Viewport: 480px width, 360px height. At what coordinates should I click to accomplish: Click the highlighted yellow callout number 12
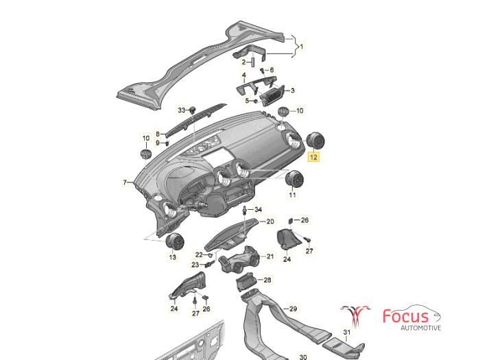click(313, 157)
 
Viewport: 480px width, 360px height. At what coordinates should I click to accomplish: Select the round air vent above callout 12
click(315, 141)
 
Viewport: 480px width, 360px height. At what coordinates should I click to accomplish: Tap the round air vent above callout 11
click(294, 178)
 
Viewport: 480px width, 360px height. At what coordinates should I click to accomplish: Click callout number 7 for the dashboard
click(125, 183)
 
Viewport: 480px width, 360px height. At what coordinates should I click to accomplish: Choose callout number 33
click(182, 110)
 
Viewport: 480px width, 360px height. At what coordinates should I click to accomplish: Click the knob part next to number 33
click(193, 110)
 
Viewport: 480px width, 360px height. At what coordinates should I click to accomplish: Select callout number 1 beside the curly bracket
click(302, 47)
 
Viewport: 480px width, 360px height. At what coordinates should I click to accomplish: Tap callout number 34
click(259, 210)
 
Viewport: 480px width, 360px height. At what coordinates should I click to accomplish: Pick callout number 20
click(270, 221)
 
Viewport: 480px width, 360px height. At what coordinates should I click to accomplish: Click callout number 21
click(269, 256)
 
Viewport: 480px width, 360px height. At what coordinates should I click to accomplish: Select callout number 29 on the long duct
click(293, 309)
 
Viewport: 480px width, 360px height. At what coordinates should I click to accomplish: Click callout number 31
click(346, 332)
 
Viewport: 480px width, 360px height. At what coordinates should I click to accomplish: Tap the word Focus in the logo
click(406, 316)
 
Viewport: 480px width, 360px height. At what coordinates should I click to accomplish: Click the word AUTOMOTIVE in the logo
click(421, 328)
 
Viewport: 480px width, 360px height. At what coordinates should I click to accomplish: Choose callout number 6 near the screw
click(272, 70)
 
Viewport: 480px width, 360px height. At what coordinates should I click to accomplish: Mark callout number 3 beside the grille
click(293, 91)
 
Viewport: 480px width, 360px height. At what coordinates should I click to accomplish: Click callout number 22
click(200, 254)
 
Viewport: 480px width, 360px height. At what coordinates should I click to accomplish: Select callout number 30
click(303, 357)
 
